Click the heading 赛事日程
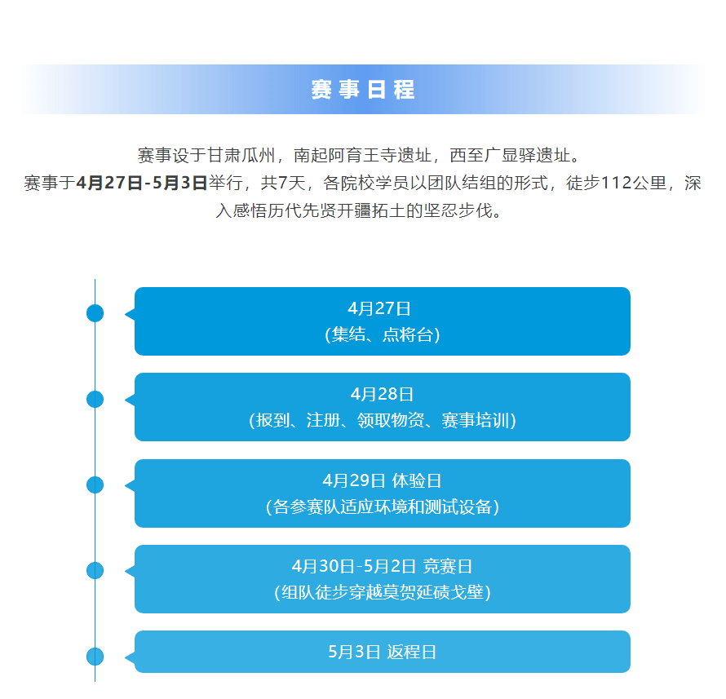(x=363, y=90)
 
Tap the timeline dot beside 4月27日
(x=95, y=313)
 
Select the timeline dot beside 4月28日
(x=95, y=399)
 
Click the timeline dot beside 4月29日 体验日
(x=95, y=484)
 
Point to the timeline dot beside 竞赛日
(x=95, y=570)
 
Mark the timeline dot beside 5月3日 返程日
(x=95, y=657)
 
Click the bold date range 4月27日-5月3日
(x=141, y=183)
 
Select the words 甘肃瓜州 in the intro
(x=241, y=155)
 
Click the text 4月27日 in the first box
(x=379, y=308)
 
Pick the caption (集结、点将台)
(x=383, y=334)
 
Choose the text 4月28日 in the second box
(x=382, y=394)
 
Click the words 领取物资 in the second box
(x=391, y=420)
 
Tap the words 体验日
(x=417, y=480)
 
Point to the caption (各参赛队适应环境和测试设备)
(x=383, y=507)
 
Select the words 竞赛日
(x=448, y=566)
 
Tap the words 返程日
(x=412, y=652)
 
